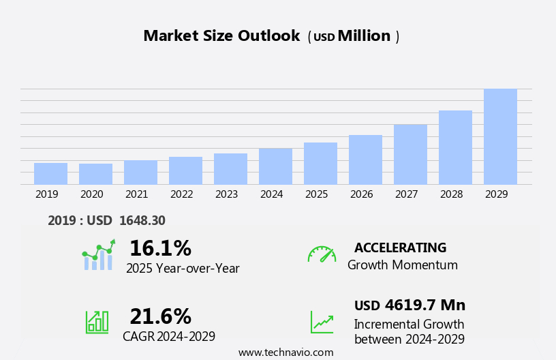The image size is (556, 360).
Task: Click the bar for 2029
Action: pyautogui.click(x=500, y=136)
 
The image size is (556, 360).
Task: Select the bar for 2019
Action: pyautogui.click(x=50, y=173)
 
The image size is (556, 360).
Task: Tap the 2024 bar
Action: pyautogui.click(x=275, y=166)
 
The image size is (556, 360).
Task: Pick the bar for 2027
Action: pyautogui.click(x=410, y=154)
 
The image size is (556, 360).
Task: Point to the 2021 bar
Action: pyautogui.click(x=140, y=172)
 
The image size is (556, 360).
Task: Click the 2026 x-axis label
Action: pyautogui.click(x=361, y=194)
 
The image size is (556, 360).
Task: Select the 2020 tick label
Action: pyautogui.click(x=91, y=194)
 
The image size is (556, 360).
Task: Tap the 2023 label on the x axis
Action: pyautogui.click(x=226, y=194)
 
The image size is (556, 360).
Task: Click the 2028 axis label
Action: pyautogui.click(x=451, y=194)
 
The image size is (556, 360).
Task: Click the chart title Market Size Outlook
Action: pyautogui.click(x=221, y=36)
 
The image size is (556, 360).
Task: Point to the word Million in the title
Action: pyautogui.click(x=364, y=36)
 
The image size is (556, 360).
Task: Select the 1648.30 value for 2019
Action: pyautogui.click(x=142, y=220)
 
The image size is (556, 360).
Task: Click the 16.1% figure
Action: pyautogui.click(x=160, y=249)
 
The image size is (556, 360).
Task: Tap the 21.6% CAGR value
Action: pyautogui.click(x=160, y=316)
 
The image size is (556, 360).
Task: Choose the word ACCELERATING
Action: pyautogui.click(x=400, y=247)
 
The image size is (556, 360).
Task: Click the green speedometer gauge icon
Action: pyautogui.click(x=322, y=254)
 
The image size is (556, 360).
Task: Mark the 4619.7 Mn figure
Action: pyautogui.click(x=424, y=305)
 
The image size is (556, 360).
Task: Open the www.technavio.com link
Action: pyautogui.click(x=285, y=352)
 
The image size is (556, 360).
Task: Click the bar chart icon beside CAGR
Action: pyautogui.click(x=97, y=321)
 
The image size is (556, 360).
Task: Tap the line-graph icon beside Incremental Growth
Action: pyautogui.click(x=322, y=322)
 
